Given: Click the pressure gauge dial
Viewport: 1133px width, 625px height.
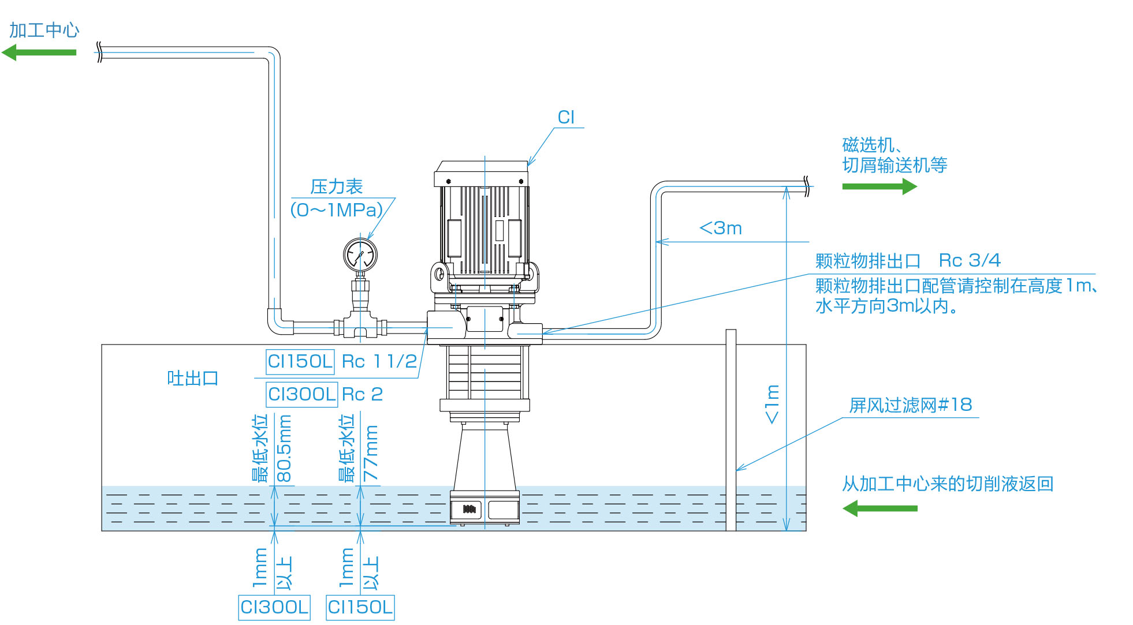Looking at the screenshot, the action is click(360, 255).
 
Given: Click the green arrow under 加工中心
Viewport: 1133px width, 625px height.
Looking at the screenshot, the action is click(39, 53).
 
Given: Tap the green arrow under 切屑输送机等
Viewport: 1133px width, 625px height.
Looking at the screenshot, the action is click(879, 186).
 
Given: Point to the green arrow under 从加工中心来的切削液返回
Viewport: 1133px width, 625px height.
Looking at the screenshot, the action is click(879, 508).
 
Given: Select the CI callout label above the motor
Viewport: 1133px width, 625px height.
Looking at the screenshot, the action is click(566, 117).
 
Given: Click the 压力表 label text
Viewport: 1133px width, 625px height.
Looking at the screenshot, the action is click(336, 186).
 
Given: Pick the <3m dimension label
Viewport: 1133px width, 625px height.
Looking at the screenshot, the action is click(721, 228).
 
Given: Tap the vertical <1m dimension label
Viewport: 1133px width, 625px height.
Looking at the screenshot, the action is click(772, 405).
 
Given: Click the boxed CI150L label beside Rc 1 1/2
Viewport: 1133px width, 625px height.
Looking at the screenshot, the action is click(300, 361).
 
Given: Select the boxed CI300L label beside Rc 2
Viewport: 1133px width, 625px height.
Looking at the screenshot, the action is click(301, 394).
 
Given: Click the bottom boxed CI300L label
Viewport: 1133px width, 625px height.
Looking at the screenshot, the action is click(274, 607).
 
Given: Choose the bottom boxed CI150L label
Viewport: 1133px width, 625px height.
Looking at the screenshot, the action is click(360, 607).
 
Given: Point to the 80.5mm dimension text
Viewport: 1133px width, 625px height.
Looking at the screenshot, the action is click(284, 448).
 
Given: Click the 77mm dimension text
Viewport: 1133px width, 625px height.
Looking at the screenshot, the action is click(370, 453).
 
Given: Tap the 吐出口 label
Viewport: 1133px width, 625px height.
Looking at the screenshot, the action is click(193, 379).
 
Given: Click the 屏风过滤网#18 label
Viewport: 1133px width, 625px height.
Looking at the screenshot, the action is click(911, 405).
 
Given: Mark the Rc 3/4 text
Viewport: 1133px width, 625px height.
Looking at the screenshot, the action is click(970, 260).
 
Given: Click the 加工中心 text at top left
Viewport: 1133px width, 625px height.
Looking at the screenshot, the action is click(44, 30).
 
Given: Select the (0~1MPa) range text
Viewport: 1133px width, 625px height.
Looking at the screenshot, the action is click(337, 209).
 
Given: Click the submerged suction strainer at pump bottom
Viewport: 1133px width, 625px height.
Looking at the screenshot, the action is click(484, 508).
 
